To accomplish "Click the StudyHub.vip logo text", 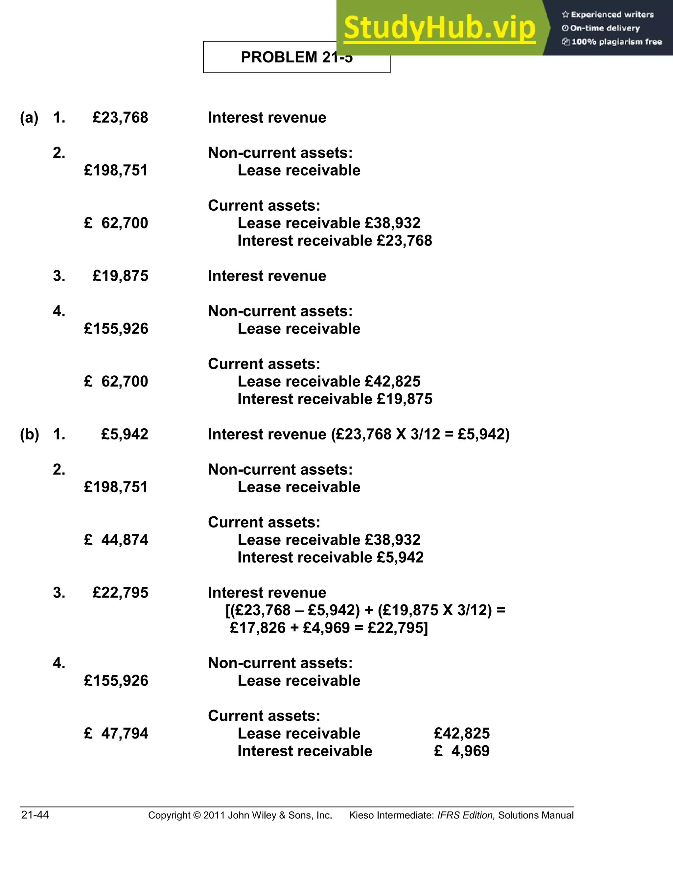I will (x=439, y=28).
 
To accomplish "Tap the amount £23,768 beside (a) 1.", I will (x=120, y=118).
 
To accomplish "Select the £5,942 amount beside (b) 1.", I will (x=125, y=434).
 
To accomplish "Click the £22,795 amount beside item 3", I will (x=120, y=593).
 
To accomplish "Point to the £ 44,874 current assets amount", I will (x=116, y=540).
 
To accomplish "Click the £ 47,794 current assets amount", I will (x=116, y=733).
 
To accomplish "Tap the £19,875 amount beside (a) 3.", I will (x=120, y=276).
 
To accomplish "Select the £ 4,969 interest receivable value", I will (x=462, y=751).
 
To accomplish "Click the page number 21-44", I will (x=35, y=815).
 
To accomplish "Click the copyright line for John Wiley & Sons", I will (x=240, y=815).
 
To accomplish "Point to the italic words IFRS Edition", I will (x=466, y=815).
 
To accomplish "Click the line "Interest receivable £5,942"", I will (x=330, y=557).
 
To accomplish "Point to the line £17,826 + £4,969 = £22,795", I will (x=329, y=628).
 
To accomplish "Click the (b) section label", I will (x=30, y=434).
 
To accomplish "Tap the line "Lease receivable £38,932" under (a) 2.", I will (x=329, y=223).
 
